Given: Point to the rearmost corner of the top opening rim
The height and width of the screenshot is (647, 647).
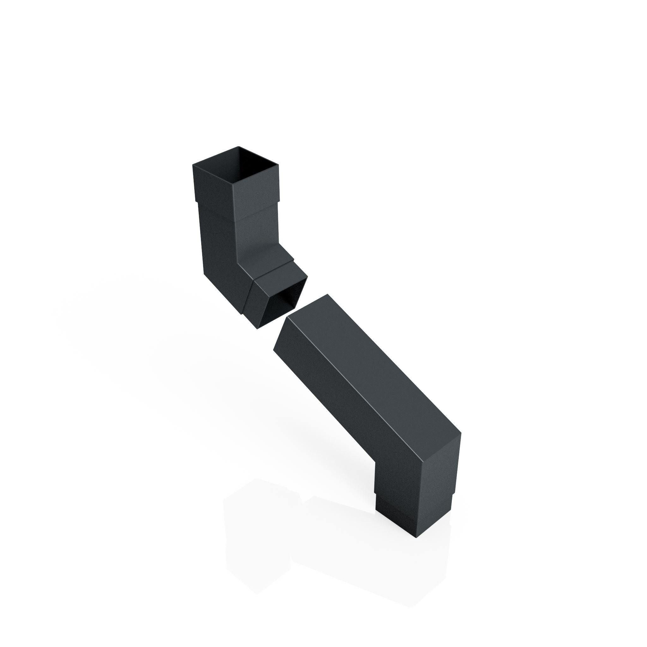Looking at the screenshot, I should pyautogui.click(x=239, y=146).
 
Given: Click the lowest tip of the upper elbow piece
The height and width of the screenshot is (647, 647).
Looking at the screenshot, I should pyautogui.click(x=257, y=329).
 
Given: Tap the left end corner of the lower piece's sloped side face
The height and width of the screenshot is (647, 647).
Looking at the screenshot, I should pyautogui.click(x=274, y=349).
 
